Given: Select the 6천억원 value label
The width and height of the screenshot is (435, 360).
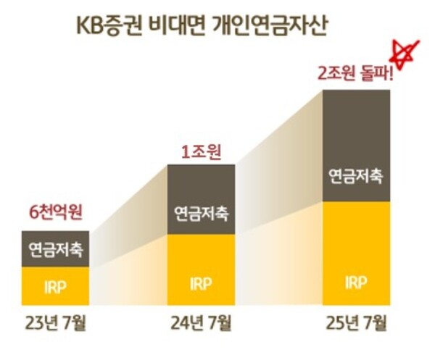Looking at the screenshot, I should [x=56, y=214].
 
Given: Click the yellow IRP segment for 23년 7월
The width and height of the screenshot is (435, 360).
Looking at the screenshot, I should [x=56, y=285].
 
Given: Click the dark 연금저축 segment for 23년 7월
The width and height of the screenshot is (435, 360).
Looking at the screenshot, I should [x=56, y=249].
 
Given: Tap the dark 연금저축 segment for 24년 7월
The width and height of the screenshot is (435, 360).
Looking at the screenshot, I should [x=201, y=199].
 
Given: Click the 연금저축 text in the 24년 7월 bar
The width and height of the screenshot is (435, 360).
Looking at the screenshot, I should [x=201, y=214].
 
